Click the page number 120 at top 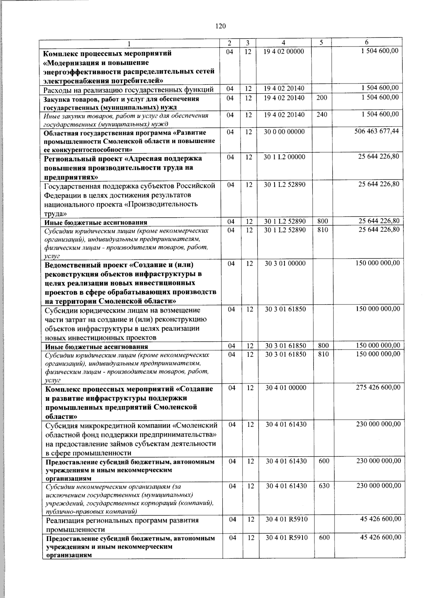click(220, 26)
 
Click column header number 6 click(367, 43)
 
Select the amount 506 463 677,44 click(376, 131)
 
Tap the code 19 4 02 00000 click(284, 51)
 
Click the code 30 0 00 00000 click(284, 132)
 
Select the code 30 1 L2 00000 click(284, 157)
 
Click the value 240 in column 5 click(321, 115)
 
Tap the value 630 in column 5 click(324, 486)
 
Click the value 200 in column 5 click(321, 98)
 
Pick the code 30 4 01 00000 click(286, 388)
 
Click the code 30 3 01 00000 click(285, 263)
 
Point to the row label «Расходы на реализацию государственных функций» click(128, 89)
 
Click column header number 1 click(129, 44)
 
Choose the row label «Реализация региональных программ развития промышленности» click(122, 525)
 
